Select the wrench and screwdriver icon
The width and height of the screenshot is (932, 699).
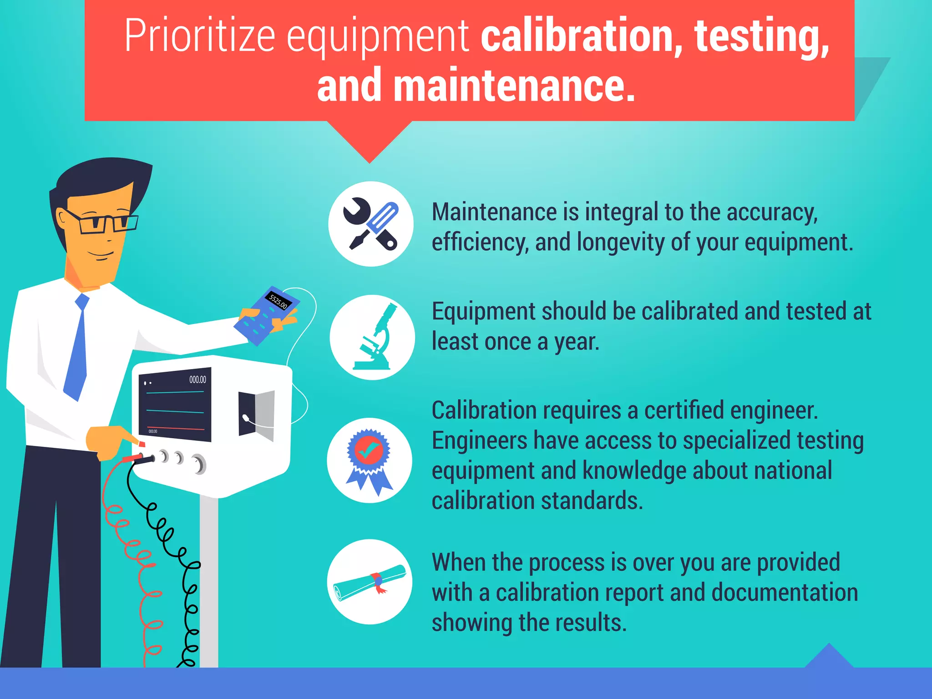point(371,224)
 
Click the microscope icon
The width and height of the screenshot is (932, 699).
point(372,337)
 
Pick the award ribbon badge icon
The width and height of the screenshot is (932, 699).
point(370,460)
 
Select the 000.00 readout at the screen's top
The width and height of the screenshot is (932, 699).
point(198,380)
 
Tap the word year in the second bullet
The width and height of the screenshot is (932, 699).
point(576,341)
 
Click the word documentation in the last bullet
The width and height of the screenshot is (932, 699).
point(785,593)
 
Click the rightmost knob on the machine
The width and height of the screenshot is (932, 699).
point(199,464)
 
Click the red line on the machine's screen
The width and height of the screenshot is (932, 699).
point(176,428)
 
